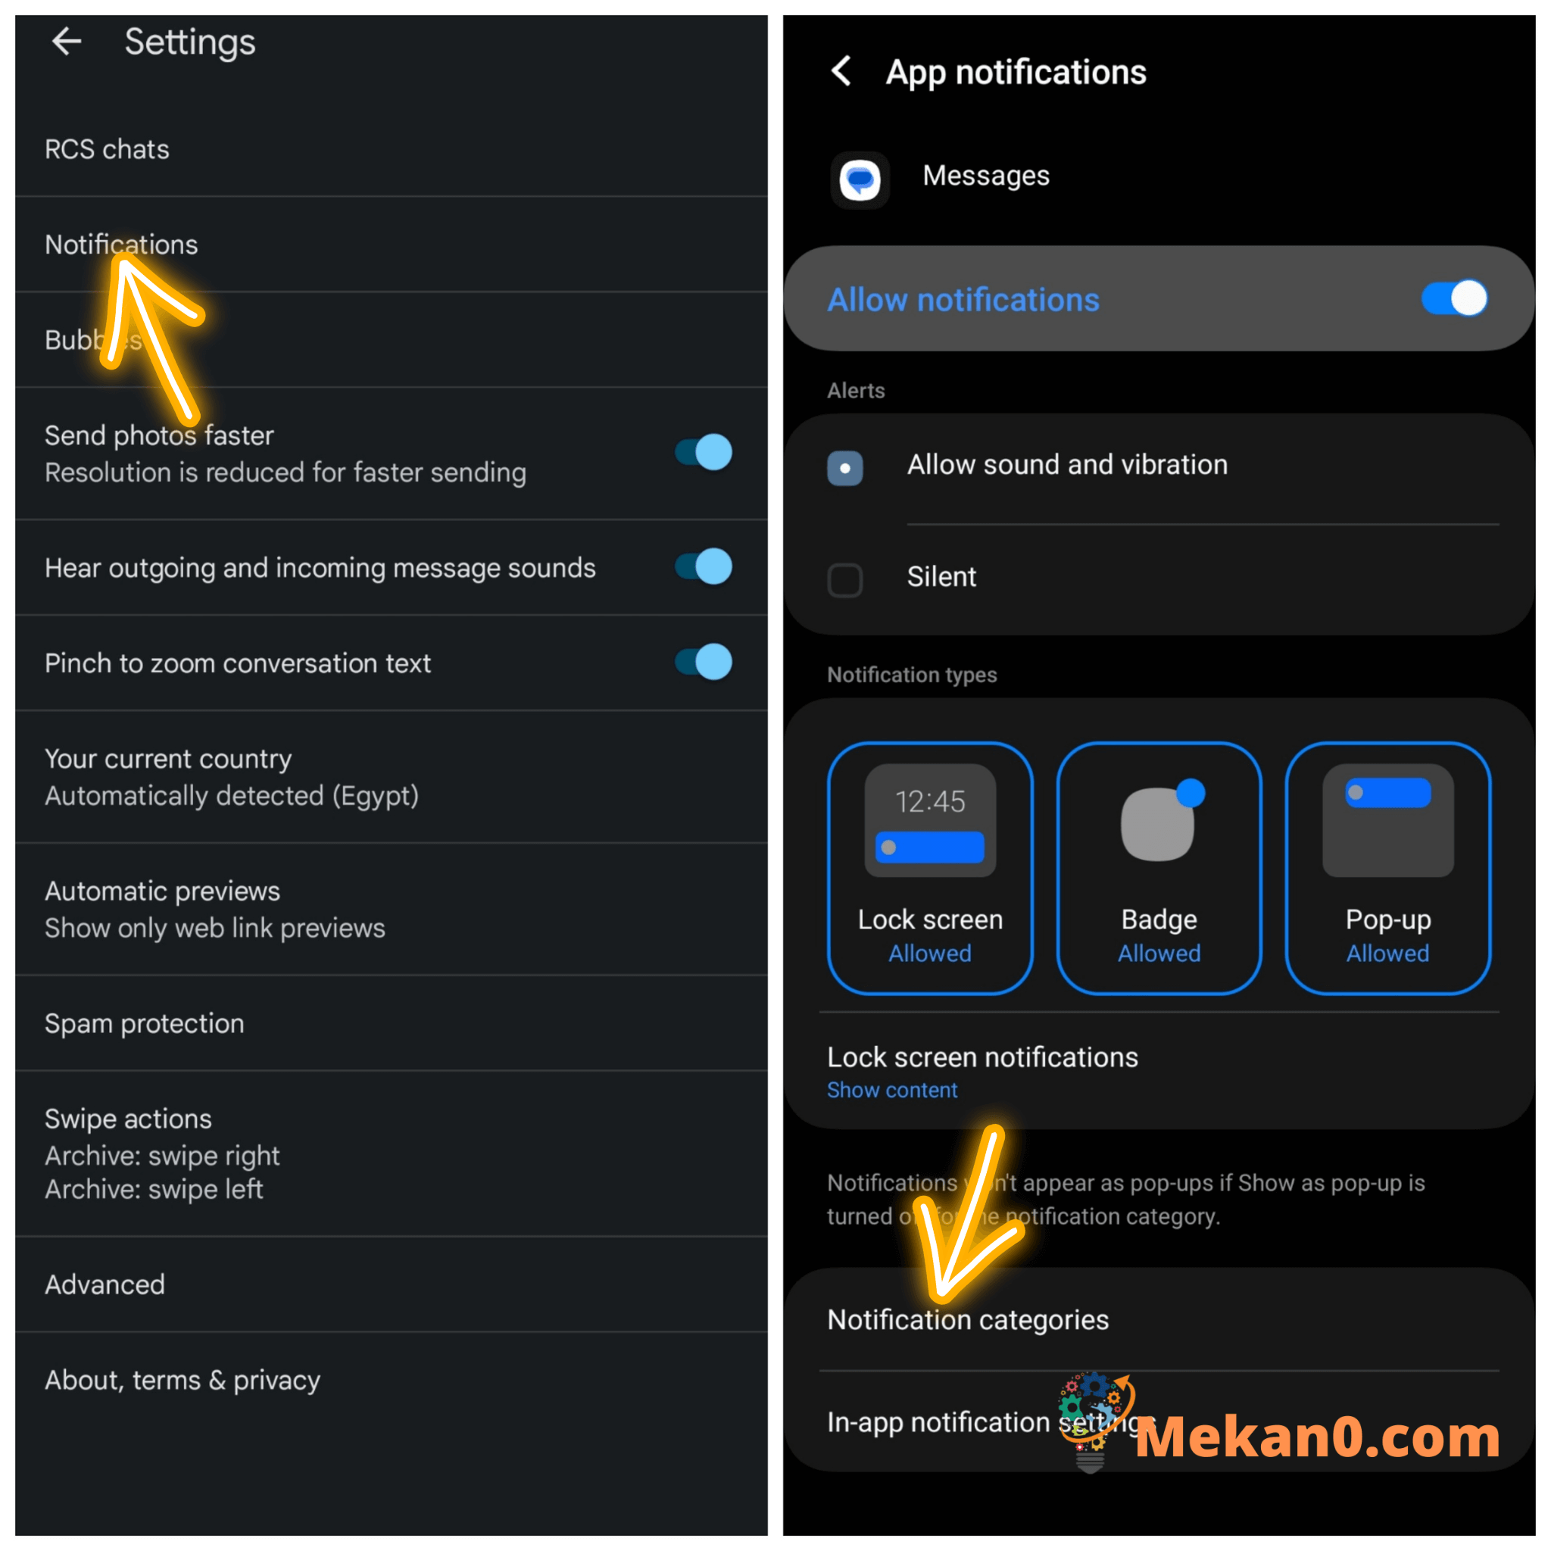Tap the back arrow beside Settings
[x=67, y=41]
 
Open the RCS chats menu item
[x=107, y=149]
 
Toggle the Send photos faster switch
[x=704, y=452]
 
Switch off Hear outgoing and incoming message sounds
[x=704, y=566]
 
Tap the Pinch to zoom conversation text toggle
[x=704, y=663]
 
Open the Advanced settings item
[x=105, y=1284]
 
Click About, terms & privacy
[x=183, y=1379]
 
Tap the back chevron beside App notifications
[x=841, y=71]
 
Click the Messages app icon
[x=860, y=179]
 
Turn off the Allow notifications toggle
[x=1453, y=298]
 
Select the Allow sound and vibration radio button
[x=844, y=467]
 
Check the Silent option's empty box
[x=844, y=579]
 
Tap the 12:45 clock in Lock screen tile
[x=930, y=800]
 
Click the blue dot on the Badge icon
[x=1190, y=792]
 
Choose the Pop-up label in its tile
[x=1388, y=919]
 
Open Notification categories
[x=967, y=1319]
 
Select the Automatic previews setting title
[x=162, y=891]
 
